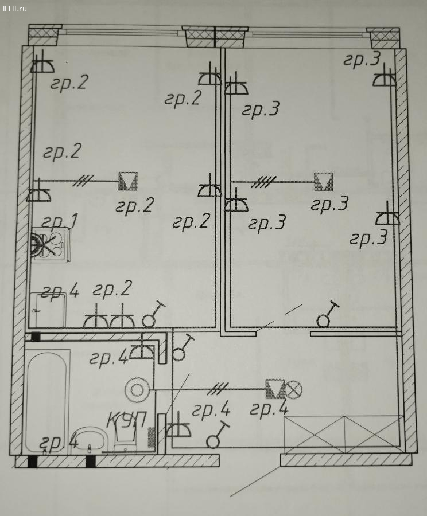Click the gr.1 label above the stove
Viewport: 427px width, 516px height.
pyautogui.click(x=60, y=221)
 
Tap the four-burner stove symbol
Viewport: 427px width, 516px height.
pyautogui.click(x=51, y=244)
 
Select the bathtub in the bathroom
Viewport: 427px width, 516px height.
pyautogui.click(x=47, y=402)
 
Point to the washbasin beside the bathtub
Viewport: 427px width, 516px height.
pyautogui.click(x=90, y=440)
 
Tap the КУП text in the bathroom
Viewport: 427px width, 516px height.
pyautogui.click(x=126, y=419)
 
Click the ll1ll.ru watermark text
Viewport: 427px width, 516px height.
pyautogui.click(x=14, y=9)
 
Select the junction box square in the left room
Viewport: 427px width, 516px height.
pyautogui.click(x=128, y=181)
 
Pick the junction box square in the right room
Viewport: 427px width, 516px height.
pyautogui.click(x=324, y=182)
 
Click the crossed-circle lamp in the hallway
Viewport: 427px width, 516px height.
pyautogui.click(x=293, y=389)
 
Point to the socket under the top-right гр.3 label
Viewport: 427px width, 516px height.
pyautogui.click(x=384, y=77)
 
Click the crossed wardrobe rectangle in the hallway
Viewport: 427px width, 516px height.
pyautogui.click(x=344, y=432)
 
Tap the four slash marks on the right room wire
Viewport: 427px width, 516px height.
pyautogui.click(x=263, y=182)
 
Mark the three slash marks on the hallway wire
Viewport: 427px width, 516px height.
pyautogui.click(x=219, y=389)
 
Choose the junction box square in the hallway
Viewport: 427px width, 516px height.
pyautogui.click(x=275, y=389)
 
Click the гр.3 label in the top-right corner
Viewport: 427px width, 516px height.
pyautogui.click(x=362, y=60)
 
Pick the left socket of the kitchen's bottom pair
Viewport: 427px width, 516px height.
pyautogui.click(x=96, y=317)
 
